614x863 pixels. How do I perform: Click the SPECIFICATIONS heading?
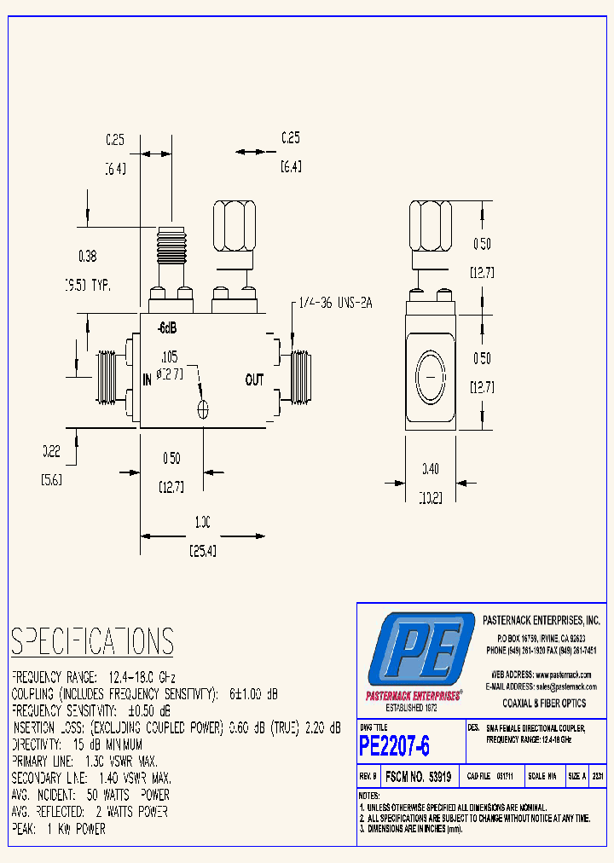tap(92, 641)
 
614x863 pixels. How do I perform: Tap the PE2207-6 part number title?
tap(395, 746)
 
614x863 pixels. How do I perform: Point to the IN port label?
tap(148, 381)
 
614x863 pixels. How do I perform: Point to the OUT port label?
tap(254, 380)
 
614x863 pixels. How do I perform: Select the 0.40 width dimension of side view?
tap(431, 468)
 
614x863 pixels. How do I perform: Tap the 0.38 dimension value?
tap(88, 255)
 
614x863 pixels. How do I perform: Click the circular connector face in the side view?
tap(431, 375)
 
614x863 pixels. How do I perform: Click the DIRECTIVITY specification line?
tap(77, 744)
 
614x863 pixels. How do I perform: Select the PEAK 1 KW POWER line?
tap(59, 829)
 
